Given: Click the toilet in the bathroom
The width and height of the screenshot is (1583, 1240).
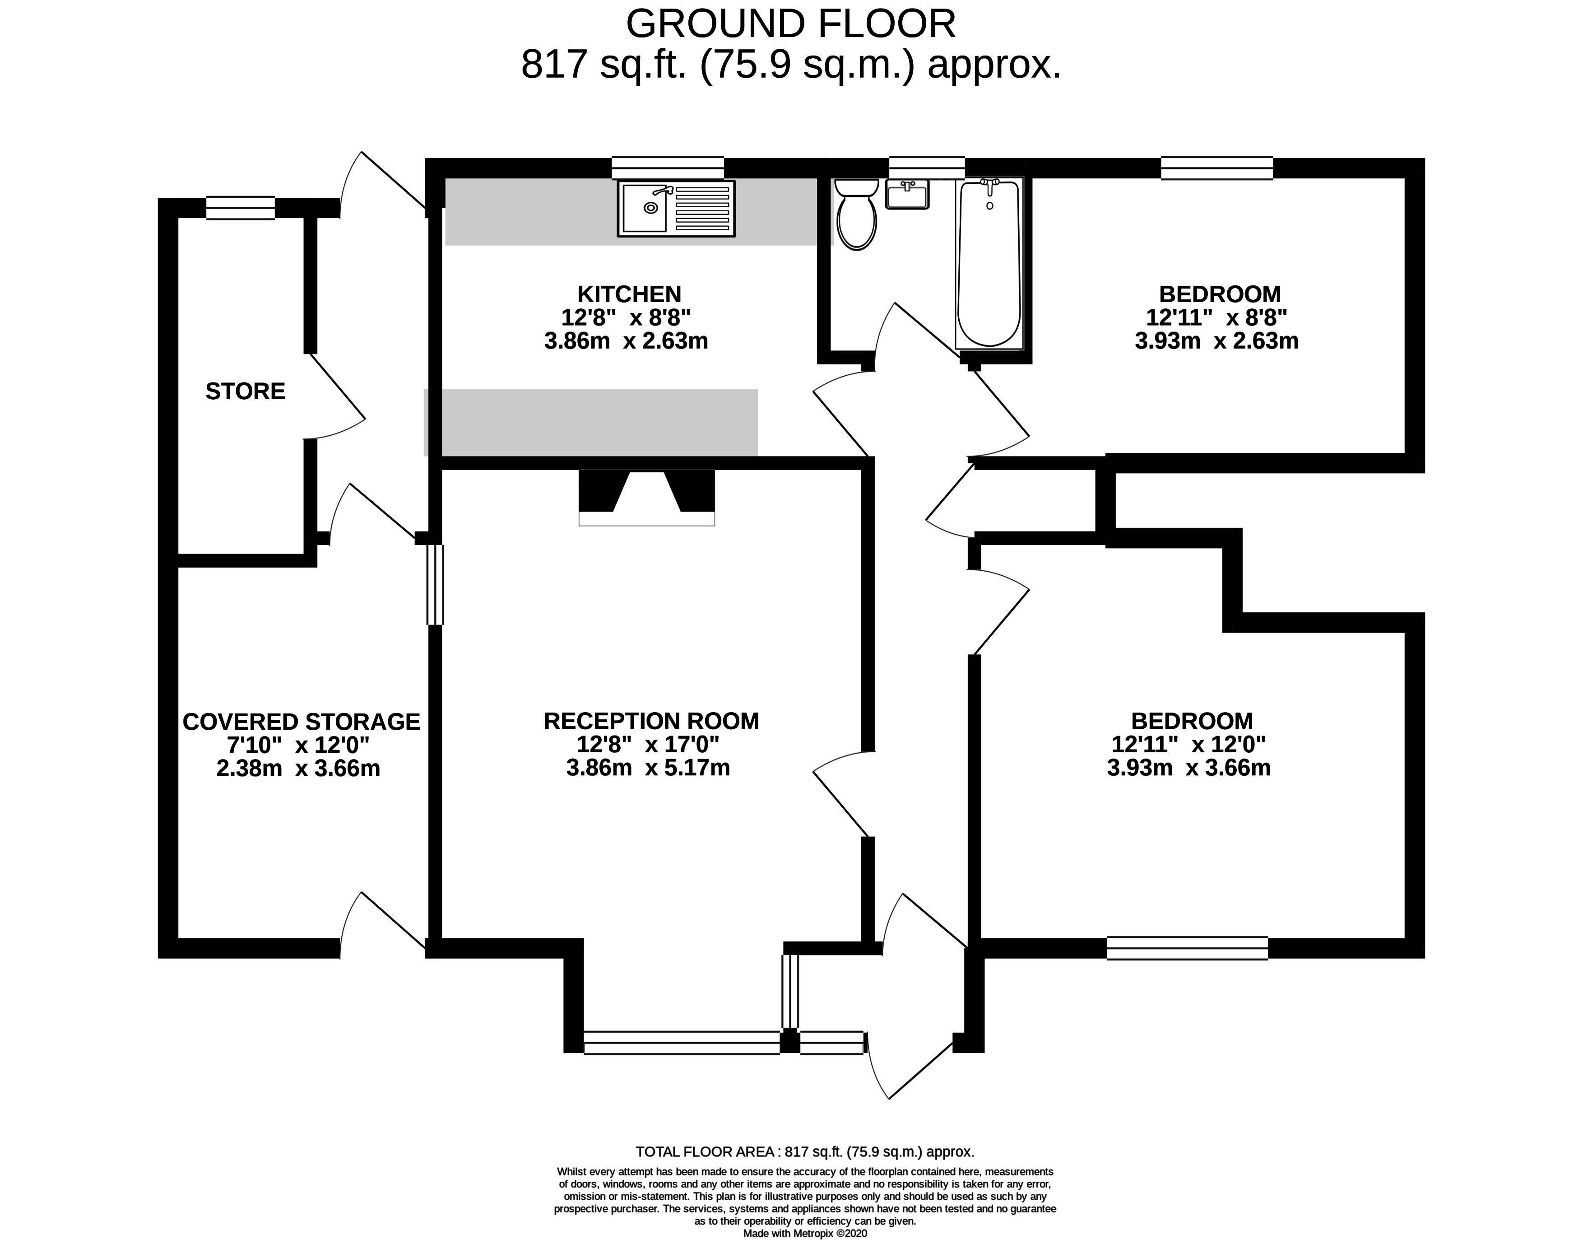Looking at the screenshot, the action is (x=856, y=214).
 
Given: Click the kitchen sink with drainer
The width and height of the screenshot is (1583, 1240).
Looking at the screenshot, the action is (x=676, y=208).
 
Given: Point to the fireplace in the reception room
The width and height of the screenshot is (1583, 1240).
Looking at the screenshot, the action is (x=647, y=497).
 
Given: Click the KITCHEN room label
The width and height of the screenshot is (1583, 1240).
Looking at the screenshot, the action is (x=629, y=294).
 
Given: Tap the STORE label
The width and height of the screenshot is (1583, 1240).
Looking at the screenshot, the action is (x=245, y=392).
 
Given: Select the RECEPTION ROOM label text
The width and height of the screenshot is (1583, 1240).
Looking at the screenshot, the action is (x=651, y=721).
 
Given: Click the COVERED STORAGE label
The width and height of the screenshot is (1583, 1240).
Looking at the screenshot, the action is (x=301, y=722).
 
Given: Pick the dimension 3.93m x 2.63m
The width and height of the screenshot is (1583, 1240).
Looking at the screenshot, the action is (x=1216, y=340).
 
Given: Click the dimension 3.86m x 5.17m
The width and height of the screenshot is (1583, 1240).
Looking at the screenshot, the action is (x=648, y=767).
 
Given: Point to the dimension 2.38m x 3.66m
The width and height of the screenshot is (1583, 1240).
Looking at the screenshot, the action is (x=298, y=768).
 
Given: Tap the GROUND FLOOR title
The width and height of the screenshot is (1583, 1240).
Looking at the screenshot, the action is (x=791, y=24).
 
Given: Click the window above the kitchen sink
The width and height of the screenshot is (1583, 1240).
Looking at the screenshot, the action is (x=668, y=168).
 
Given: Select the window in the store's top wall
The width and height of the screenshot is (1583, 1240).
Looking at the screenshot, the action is (x=240, y=208).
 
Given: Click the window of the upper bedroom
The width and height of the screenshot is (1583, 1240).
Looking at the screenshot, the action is (x=1216, y=168).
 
